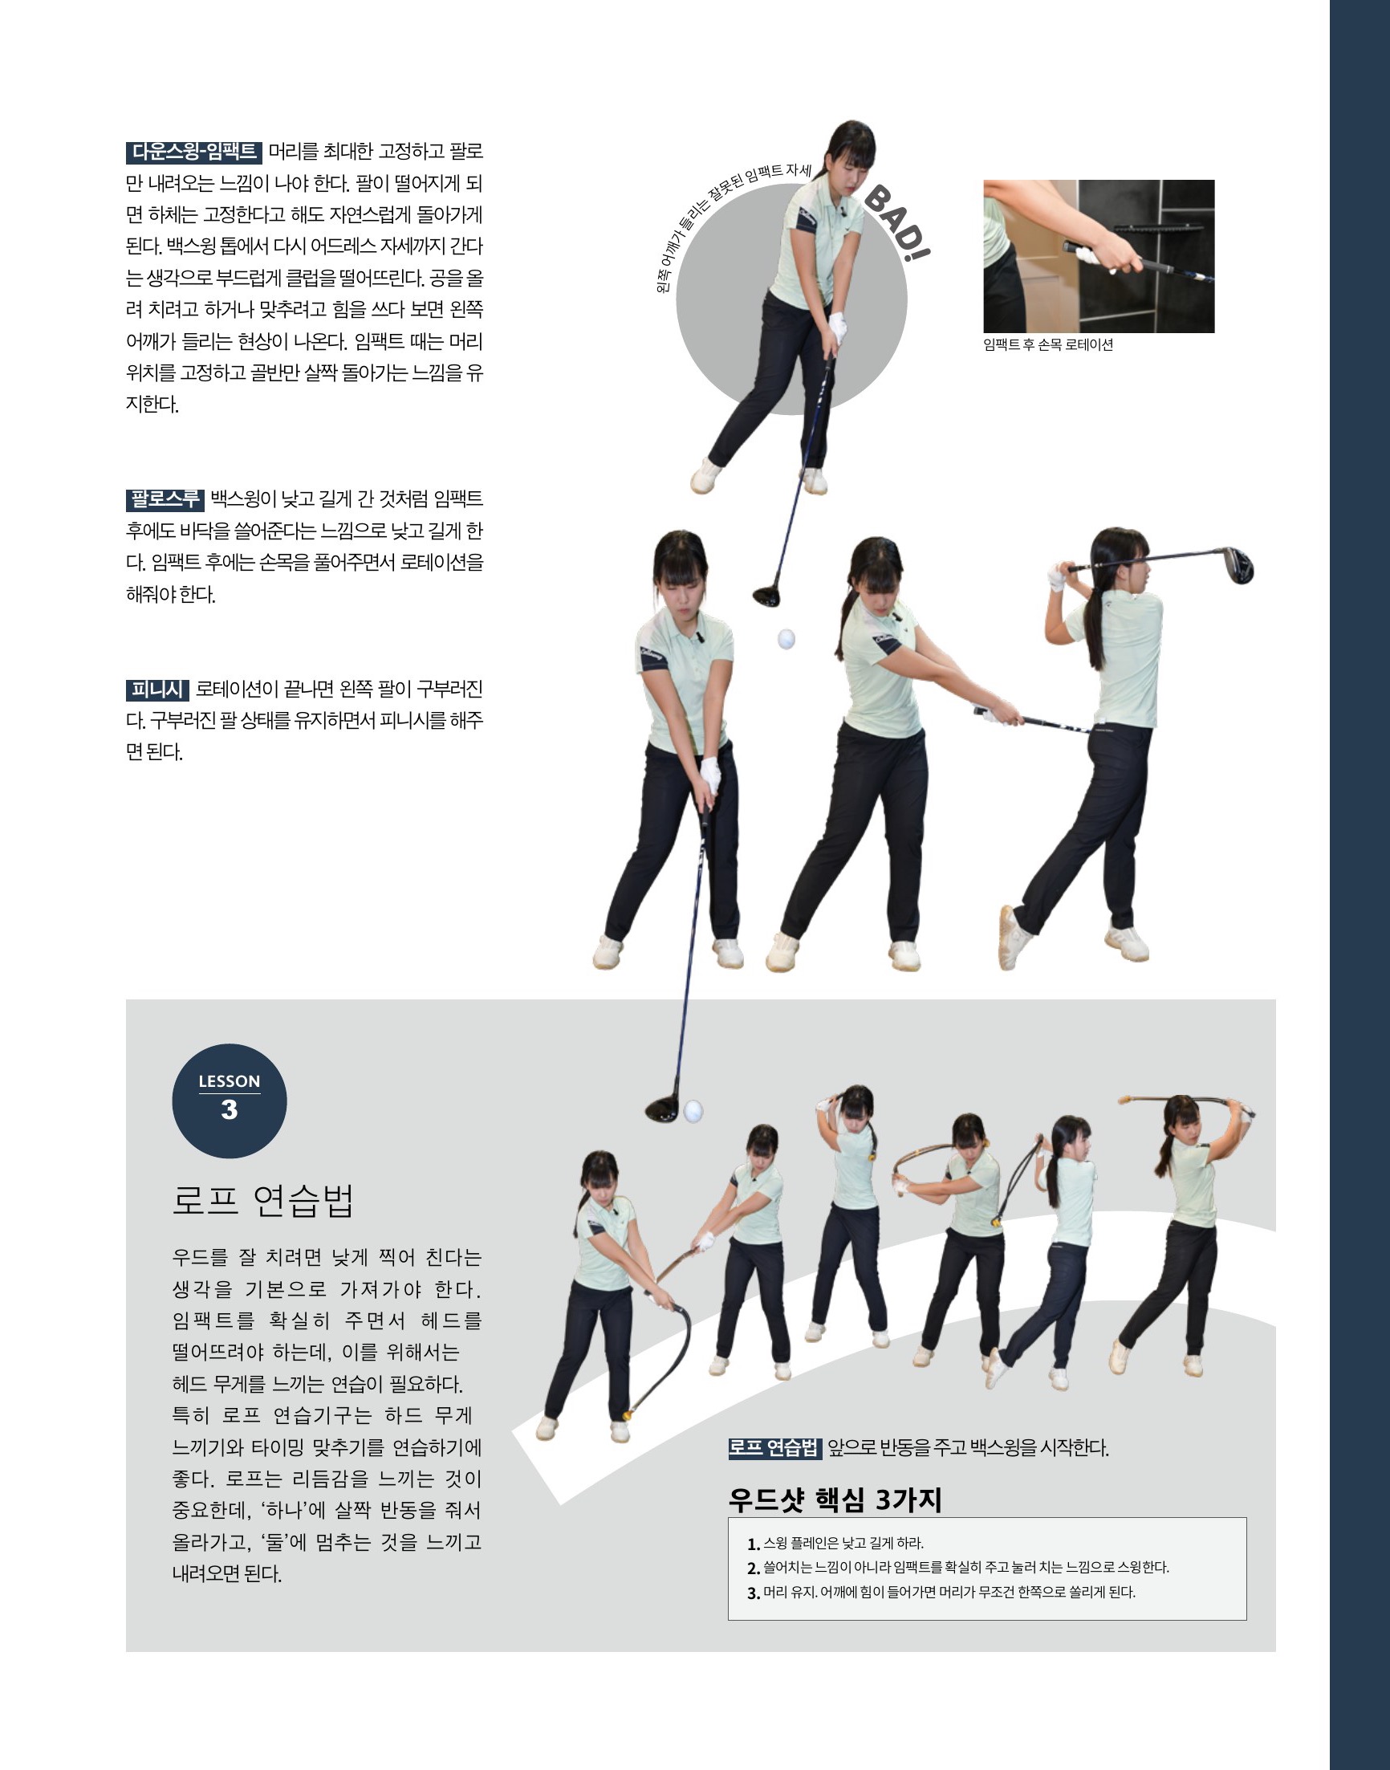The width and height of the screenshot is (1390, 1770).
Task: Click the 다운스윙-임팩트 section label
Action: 193,153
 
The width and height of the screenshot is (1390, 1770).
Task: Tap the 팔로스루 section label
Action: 165,498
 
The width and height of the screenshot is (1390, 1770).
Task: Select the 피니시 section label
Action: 157,690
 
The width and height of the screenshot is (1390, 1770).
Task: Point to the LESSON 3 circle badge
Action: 230,1101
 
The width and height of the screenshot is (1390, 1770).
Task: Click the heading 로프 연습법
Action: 264,1199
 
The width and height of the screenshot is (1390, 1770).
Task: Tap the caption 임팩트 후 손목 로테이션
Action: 1047,345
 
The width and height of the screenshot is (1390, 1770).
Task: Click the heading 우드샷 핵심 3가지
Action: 835,1499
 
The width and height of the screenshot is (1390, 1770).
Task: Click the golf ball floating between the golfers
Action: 786,639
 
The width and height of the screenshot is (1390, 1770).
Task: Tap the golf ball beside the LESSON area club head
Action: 693,1111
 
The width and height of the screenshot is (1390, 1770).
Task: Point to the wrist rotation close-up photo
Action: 1099,256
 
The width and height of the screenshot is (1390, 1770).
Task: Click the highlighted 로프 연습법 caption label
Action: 774,1448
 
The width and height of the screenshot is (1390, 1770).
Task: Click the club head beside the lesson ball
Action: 664,1109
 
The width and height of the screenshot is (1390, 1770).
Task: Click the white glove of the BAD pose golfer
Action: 836,326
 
